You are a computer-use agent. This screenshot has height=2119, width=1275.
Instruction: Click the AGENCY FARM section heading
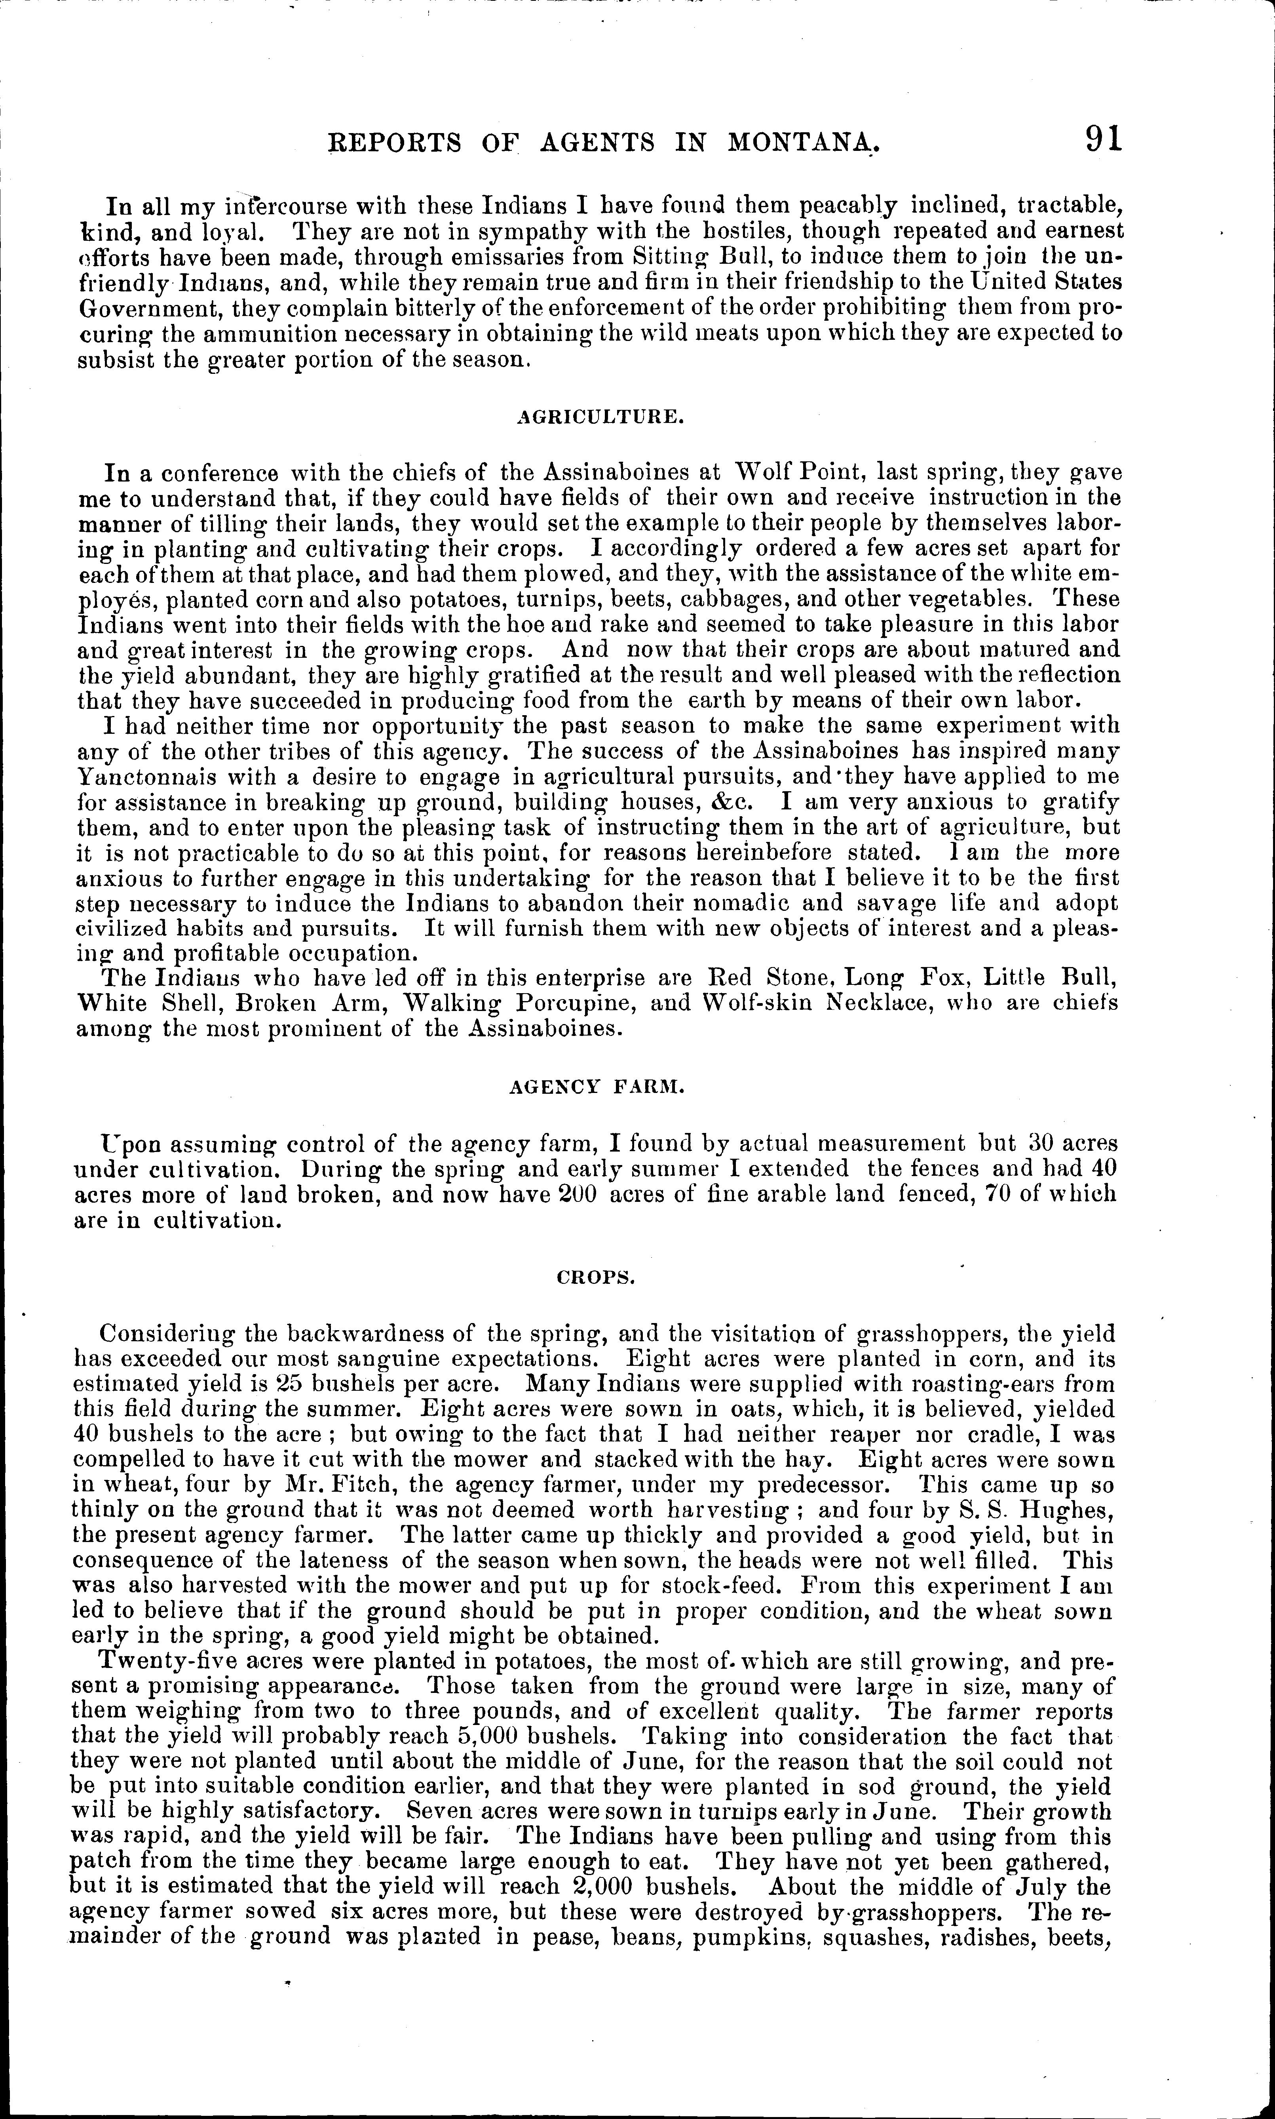596,1087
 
